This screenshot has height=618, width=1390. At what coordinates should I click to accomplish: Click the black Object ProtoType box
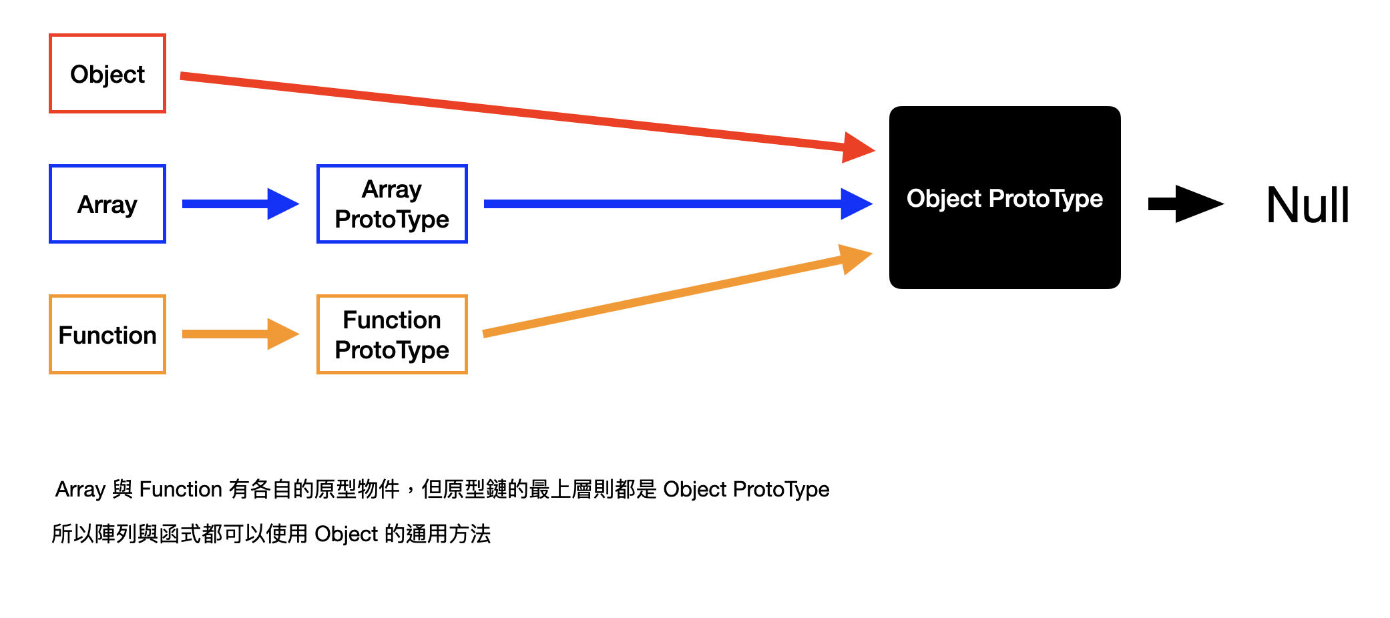(x=1005, y=198)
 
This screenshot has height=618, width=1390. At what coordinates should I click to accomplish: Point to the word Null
(x=1308, y=205)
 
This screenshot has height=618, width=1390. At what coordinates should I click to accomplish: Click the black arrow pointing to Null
(x=1186, y=204)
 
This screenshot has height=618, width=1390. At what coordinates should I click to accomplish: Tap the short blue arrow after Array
(x=240, y=204)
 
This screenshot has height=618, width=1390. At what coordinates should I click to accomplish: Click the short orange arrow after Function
(x=240, y=334)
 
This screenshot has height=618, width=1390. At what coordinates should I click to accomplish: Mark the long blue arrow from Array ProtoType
(x=678, y=204)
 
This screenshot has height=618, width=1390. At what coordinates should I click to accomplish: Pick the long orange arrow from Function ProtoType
(x=677, y=291)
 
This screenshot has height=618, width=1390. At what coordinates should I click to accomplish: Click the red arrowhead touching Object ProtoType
(x=859, y=147)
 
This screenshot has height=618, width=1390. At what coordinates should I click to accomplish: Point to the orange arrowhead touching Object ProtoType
(x=857, y=258)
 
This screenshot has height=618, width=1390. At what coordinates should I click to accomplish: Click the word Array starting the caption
(x=80, y=490)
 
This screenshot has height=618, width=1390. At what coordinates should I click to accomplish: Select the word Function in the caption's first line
(x=180, y=489)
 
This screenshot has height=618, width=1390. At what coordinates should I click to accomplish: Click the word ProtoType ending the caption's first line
(x=781, y=490)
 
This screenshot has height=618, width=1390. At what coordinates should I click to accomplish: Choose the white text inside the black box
(x=1005, y=198)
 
